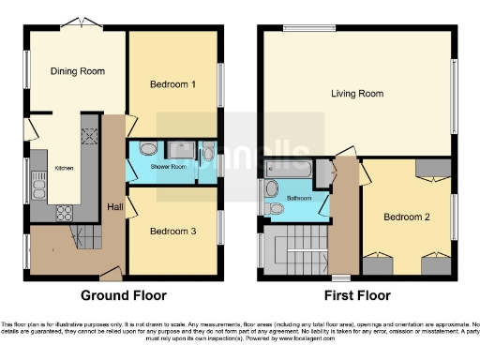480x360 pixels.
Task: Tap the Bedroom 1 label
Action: click(172, 84)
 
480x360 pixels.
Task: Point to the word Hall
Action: click(115, 206)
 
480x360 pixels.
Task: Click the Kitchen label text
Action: click(64, 168)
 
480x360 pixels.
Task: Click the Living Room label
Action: click(356, 93)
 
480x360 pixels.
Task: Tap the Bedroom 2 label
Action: click(407, 217)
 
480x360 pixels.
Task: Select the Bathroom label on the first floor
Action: click(299, 199)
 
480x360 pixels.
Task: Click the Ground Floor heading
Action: click(123, 295)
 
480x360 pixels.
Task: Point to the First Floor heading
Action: click(357, 295)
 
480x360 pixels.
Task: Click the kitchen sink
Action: click(38, 188)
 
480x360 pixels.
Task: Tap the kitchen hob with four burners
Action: click(92, 137)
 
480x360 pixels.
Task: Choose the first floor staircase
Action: click(296, 251)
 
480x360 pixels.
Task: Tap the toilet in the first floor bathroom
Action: click(273, 207)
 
